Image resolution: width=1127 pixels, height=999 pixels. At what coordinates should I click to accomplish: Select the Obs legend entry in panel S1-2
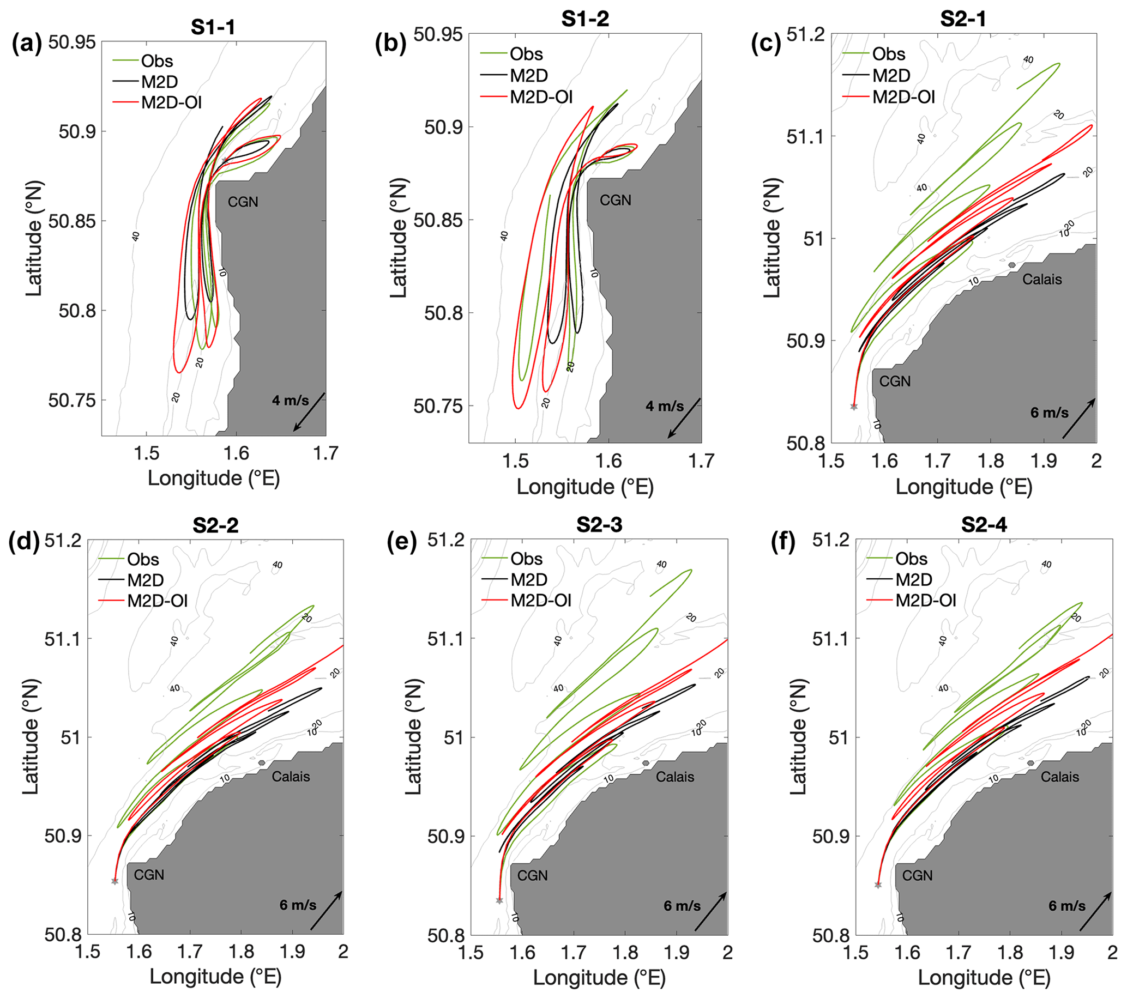click(x=526, y=54)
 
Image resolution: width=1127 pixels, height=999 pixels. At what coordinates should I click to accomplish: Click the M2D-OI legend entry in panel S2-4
click(x=926, y=600)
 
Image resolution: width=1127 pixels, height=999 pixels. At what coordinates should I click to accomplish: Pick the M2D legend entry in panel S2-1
click(x=891, y=76)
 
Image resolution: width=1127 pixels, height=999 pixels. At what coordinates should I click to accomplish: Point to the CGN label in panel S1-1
click(x=243, y=202)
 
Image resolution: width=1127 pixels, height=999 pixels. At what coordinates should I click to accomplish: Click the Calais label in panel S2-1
click(x=1041, y=280)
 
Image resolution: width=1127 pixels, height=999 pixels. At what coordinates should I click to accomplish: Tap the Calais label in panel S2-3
click(x=675, y=777)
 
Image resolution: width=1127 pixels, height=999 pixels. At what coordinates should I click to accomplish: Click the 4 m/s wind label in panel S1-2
click(x=665, y=407)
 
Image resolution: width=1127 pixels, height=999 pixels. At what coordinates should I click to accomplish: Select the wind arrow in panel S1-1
click(x=309, y=412)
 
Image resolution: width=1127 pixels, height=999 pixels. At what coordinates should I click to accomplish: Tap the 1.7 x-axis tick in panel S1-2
click(x=701, y=461)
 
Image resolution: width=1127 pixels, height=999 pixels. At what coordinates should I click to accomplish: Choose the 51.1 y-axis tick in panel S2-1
click(x=804, y=136)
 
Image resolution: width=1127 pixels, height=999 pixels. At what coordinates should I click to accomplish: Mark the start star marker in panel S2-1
click(x=854, y=407)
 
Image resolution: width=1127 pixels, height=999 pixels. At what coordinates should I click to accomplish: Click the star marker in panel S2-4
click(x=878, y=885)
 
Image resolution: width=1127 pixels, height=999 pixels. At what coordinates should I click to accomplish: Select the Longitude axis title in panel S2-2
click(x=215, y=977)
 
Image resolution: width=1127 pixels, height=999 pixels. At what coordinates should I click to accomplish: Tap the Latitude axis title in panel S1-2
click(x=398, y=238)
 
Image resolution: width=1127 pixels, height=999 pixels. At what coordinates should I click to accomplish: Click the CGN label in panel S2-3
click(x=532, y=876)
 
